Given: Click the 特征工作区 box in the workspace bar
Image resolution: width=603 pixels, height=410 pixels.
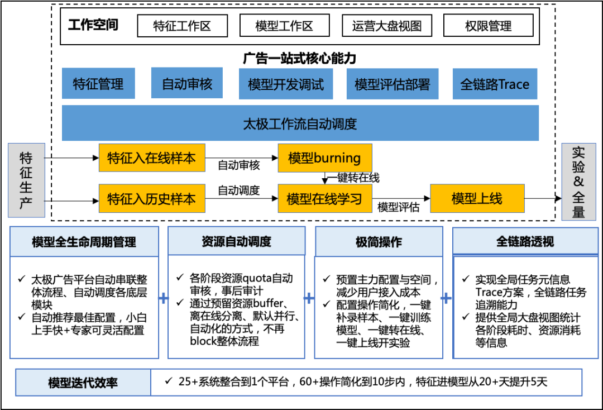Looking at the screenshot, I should [183, 26].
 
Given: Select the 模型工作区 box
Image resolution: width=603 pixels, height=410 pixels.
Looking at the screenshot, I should [284, 26].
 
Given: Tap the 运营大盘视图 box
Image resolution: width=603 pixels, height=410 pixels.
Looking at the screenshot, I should [386, 26].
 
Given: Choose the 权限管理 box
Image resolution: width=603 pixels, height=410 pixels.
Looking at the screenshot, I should [488, 26].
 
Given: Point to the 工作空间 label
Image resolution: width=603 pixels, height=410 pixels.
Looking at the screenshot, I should [93, 25].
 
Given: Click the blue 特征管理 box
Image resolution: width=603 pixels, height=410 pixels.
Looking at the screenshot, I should [98, 84].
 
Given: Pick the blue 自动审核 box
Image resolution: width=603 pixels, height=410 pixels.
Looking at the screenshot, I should [186, 83].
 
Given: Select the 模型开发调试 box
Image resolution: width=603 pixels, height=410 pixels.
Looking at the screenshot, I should [286, 84].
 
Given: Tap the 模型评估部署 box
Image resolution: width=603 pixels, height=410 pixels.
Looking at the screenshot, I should [392, 84].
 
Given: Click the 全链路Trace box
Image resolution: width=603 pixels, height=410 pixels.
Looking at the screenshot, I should [495, 84].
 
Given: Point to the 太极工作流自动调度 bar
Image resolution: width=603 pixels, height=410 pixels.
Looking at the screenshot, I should [300, 123].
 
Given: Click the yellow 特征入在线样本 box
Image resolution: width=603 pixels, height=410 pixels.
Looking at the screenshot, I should [152, 158].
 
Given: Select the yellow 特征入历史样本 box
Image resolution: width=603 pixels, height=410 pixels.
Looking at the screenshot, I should [152, 198].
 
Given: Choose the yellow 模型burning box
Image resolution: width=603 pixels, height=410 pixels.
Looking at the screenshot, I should [325, 158].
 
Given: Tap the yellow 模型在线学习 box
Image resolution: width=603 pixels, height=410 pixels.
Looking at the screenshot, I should [325, 198].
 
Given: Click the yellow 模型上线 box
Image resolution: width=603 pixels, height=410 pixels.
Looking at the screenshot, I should [477, 198].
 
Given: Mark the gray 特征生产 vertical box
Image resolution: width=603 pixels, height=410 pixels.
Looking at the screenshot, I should [26, 180].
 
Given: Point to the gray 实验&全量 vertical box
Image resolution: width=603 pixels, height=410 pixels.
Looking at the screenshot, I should [578, 182].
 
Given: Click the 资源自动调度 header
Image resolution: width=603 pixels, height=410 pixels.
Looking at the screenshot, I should [236, 241].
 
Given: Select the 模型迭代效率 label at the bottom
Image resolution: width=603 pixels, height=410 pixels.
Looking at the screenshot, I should [83, 383].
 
